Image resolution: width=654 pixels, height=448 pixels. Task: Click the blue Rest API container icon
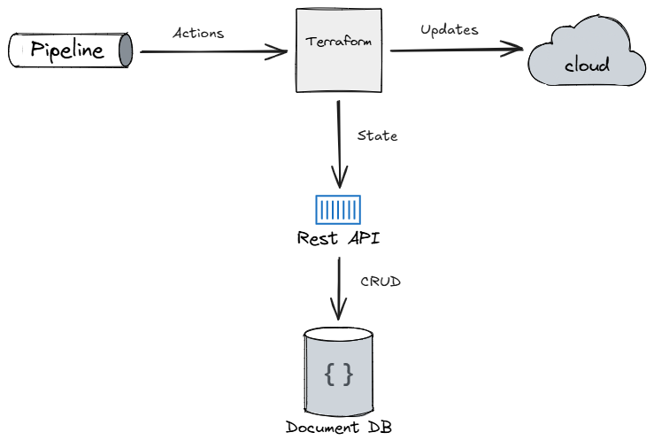338,210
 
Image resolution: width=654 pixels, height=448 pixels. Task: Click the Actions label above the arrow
197,33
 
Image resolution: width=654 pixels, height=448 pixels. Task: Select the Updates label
449,29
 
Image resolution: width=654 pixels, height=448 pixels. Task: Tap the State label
377,135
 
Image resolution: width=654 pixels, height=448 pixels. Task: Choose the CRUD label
381,282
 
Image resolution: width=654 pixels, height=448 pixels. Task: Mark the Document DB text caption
338,428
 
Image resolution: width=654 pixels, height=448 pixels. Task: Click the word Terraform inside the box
337,42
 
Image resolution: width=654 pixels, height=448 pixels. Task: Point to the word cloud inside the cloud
587,66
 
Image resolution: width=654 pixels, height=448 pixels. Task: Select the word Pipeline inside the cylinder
66,50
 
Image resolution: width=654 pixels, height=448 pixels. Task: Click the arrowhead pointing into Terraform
281,51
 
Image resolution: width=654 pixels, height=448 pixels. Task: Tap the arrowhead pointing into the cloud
517,50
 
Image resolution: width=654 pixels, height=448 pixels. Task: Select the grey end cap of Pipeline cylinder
125,50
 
